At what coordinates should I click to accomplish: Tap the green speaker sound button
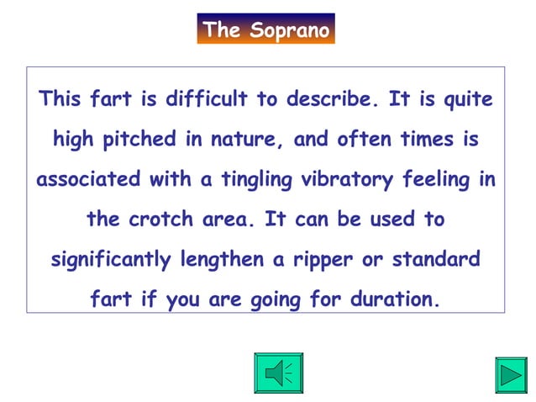(x=278, y=373)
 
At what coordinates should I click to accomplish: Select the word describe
(x=331, y=99)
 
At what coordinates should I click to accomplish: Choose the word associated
(x=89, y=179)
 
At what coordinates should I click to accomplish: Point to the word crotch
(x=167, y=220)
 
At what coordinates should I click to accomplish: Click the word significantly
(x=112, y=259)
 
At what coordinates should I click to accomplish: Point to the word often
(x=364, y=140)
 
